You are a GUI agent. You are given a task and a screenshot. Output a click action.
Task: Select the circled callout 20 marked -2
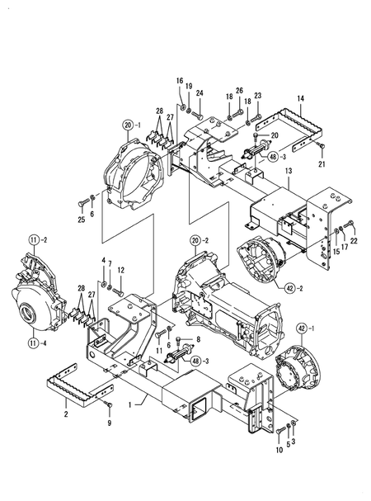(195, 240)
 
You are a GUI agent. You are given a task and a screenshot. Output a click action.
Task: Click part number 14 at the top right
(300, 99)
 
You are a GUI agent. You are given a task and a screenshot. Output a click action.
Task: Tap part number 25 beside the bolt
(81, 220)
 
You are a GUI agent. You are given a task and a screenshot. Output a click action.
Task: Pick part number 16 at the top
(179, 80)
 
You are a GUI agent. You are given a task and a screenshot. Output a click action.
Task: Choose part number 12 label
(120, 270)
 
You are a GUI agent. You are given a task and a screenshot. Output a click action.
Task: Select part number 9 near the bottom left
(108, 423)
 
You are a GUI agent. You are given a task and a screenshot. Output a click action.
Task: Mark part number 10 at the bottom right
(279, 450)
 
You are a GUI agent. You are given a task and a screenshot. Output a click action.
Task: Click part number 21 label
(322, 164)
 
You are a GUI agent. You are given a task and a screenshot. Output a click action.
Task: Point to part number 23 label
(257, 95)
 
